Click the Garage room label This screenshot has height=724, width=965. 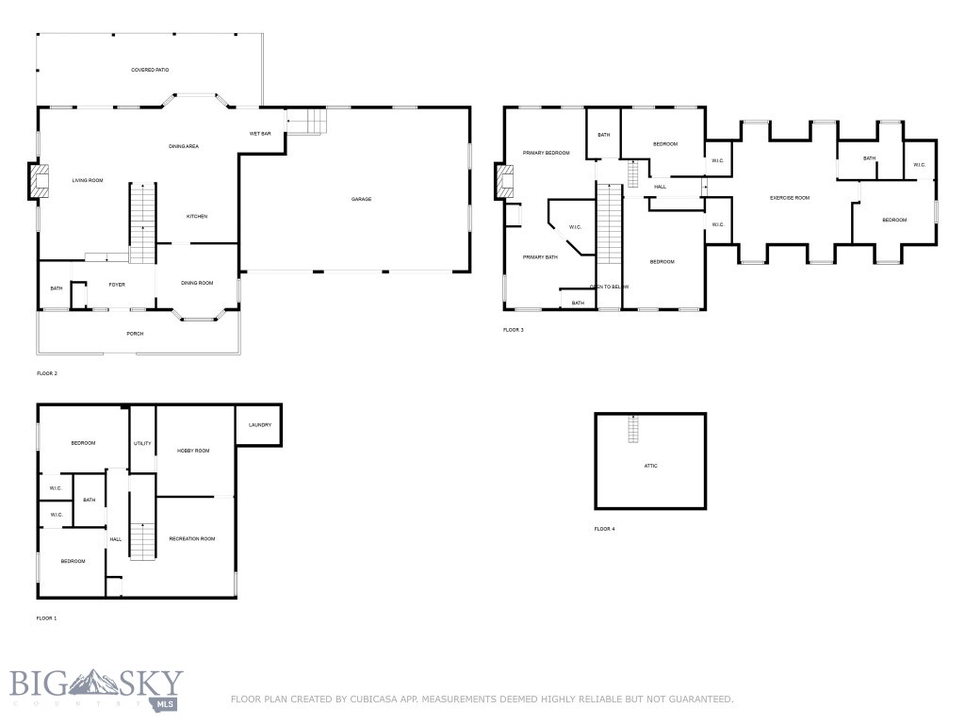pos(361,199)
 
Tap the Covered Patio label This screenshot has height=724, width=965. pos(150,70)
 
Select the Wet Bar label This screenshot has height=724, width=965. pos(260,134)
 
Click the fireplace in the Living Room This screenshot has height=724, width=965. pos(38,181)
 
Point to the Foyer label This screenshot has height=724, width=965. pos(117,284)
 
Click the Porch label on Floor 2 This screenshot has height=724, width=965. pos(135,334)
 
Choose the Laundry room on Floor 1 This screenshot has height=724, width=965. pos(260,425)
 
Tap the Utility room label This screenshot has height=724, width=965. pos(142,443)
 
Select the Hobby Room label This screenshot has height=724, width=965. pos(193,451)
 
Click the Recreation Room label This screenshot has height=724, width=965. pos(192,538)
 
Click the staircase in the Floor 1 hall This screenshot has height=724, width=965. pos(142,541)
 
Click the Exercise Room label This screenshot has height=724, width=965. pos(790,198)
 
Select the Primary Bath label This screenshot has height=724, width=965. pos(541,257)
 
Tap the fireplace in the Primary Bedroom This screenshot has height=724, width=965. pos(504,182)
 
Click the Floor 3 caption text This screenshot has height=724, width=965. pos(514,330)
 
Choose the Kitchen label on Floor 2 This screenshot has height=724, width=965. pos(197,217)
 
